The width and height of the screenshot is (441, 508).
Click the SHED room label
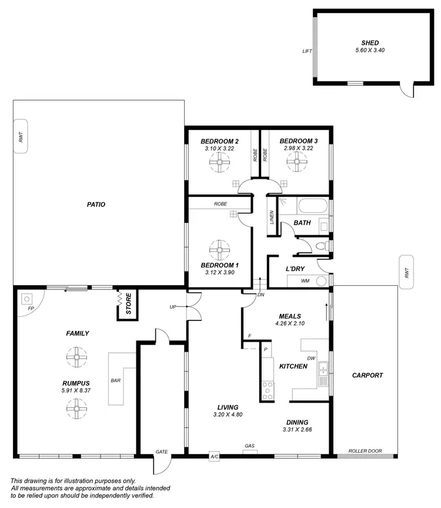[370, 43]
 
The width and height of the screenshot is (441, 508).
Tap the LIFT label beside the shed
[307, 51]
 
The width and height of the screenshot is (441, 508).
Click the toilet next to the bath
[320, 246]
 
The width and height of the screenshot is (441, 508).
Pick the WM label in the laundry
[305, 281]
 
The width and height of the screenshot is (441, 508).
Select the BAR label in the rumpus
[116, 380]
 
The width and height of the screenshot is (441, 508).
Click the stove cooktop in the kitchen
[268, 390]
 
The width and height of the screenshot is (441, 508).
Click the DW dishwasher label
[310, 358]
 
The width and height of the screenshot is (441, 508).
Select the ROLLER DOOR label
[365, 451]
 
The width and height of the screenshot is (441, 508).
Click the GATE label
[162, 452]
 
